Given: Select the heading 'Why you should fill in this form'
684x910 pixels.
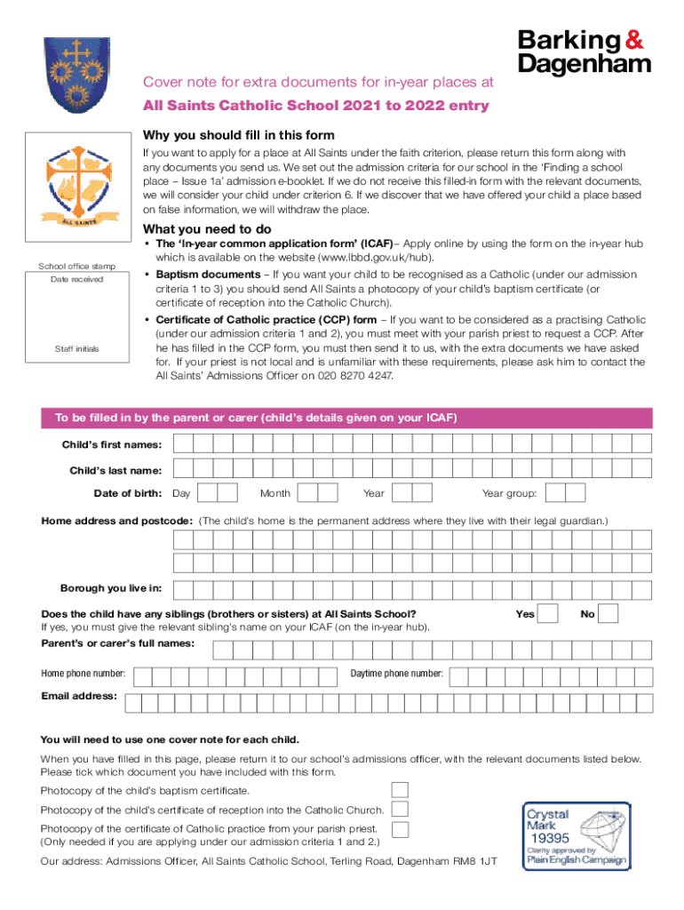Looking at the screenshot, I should pos(238,135).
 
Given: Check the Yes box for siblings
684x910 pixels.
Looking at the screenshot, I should pos(549,614).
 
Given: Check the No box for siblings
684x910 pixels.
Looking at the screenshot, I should pos(608,614).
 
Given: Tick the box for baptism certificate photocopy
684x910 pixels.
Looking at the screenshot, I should pos(400,790).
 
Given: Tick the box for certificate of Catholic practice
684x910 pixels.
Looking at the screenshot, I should pos(400,829).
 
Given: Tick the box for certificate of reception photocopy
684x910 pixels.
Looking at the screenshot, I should pos(400,809).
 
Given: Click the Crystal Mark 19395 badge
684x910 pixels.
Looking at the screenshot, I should pos(575,836).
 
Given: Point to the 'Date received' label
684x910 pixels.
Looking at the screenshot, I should pos(76,279).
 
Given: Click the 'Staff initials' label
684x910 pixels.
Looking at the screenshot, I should pos(76,349).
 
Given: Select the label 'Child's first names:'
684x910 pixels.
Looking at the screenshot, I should pos(111,444).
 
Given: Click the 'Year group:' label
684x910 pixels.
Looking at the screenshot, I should pos(509,493).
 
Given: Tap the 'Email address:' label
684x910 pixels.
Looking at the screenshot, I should pos(79,696).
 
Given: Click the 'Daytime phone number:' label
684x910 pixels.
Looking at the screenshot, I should pos(396,674).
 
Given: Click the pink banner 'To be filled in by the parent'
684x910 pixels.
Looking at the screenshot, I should pos(346,418).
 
